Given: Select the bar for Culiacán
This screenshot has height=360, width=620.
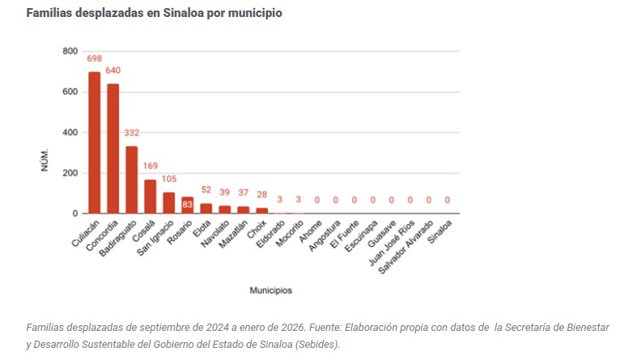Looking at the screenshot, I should [x=95, y=142].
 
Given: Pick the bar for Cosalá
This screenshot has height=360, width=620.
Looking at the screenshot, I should [x=150, y=196].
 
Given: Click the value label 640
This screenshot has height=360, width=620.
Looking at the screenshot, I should [x=113, y=70].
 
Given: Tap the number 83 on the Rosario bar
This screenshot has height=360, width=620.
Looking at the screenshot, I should [x=187, y=205].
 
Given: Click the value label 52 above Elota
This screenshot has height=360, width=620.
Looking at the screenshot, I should [x=206, y=190].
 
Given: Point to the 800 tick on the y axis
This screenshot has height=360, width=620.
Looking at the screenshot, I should [x=70, y=51].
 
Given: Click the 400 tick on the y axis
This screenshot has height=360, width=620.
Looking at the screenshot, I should [x=70, y=132].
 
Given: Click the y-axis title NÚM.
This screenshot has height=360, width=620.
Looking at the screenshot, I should [x=45, y=159].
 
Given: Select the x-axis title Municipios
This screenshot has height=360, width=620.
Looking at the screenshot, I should [x=271, y=290].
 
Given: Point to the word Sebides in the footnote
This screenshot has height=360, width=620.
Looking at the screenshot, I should [x=318, y=344].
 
